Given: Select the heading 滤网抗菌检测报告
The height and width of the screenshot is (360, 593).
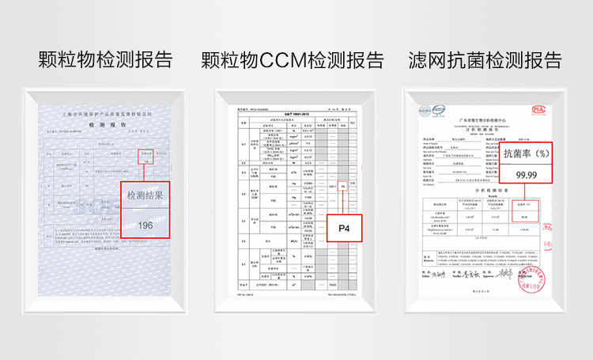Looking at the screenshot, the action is tap(485, 60).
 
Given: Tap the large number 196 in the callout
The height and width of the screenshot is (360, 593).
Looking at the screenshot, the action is tap(145, 225).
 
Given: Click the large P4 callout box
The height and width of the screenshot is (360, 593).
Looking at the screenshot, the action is tap(344, 229).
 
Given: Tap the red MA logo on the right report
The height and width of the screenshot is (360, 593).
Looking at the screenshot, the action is tap(539, 110).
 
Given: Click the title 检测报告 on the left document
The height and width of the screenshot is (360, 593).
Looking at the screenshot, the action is tap(103, 126).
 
